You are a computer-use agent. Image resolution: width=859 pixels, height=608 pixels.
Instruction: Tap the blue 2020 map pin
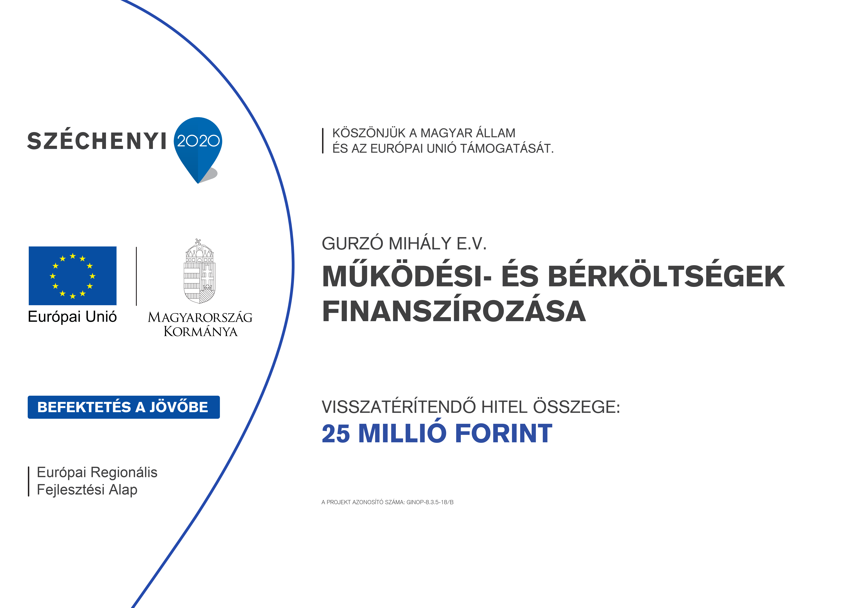[x=198, y=148]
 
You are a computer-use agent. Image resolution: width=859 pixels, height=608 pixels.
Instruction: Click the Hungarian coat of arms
[x=199, y=271]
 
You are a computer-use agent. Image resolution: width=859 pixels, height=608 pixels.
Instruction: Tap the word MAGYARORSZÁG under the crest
[x=200, y=318]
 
